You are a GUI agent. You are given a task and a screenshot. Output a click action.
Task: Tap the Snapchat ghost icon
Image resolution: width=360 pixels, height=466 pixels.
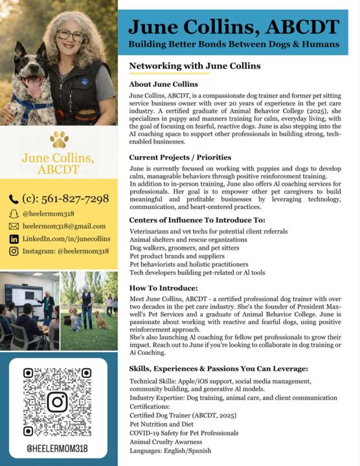14,213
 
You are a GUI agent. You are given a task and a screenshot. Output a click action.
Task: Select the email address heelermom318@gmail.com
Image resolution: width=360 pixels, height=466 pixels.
64,226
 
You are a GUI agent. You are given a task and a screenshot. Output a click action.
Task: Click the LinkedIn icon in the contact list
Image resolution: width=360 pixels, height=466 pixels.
14,239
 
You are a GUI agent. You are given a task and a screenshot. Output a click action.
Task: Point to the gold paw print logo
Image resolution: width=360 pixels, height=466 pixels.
59,139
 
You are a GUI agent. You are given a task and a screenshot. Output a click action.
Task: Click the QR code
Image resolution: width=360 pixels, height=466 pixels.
57,401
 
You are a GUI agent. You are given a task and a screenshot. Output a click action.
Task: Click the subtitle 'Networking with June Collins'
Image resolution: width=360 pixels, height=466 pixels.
194,66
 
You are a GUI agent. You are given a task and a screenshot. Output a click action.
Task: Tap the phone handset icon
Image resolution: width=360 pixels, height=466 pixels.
14,199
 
